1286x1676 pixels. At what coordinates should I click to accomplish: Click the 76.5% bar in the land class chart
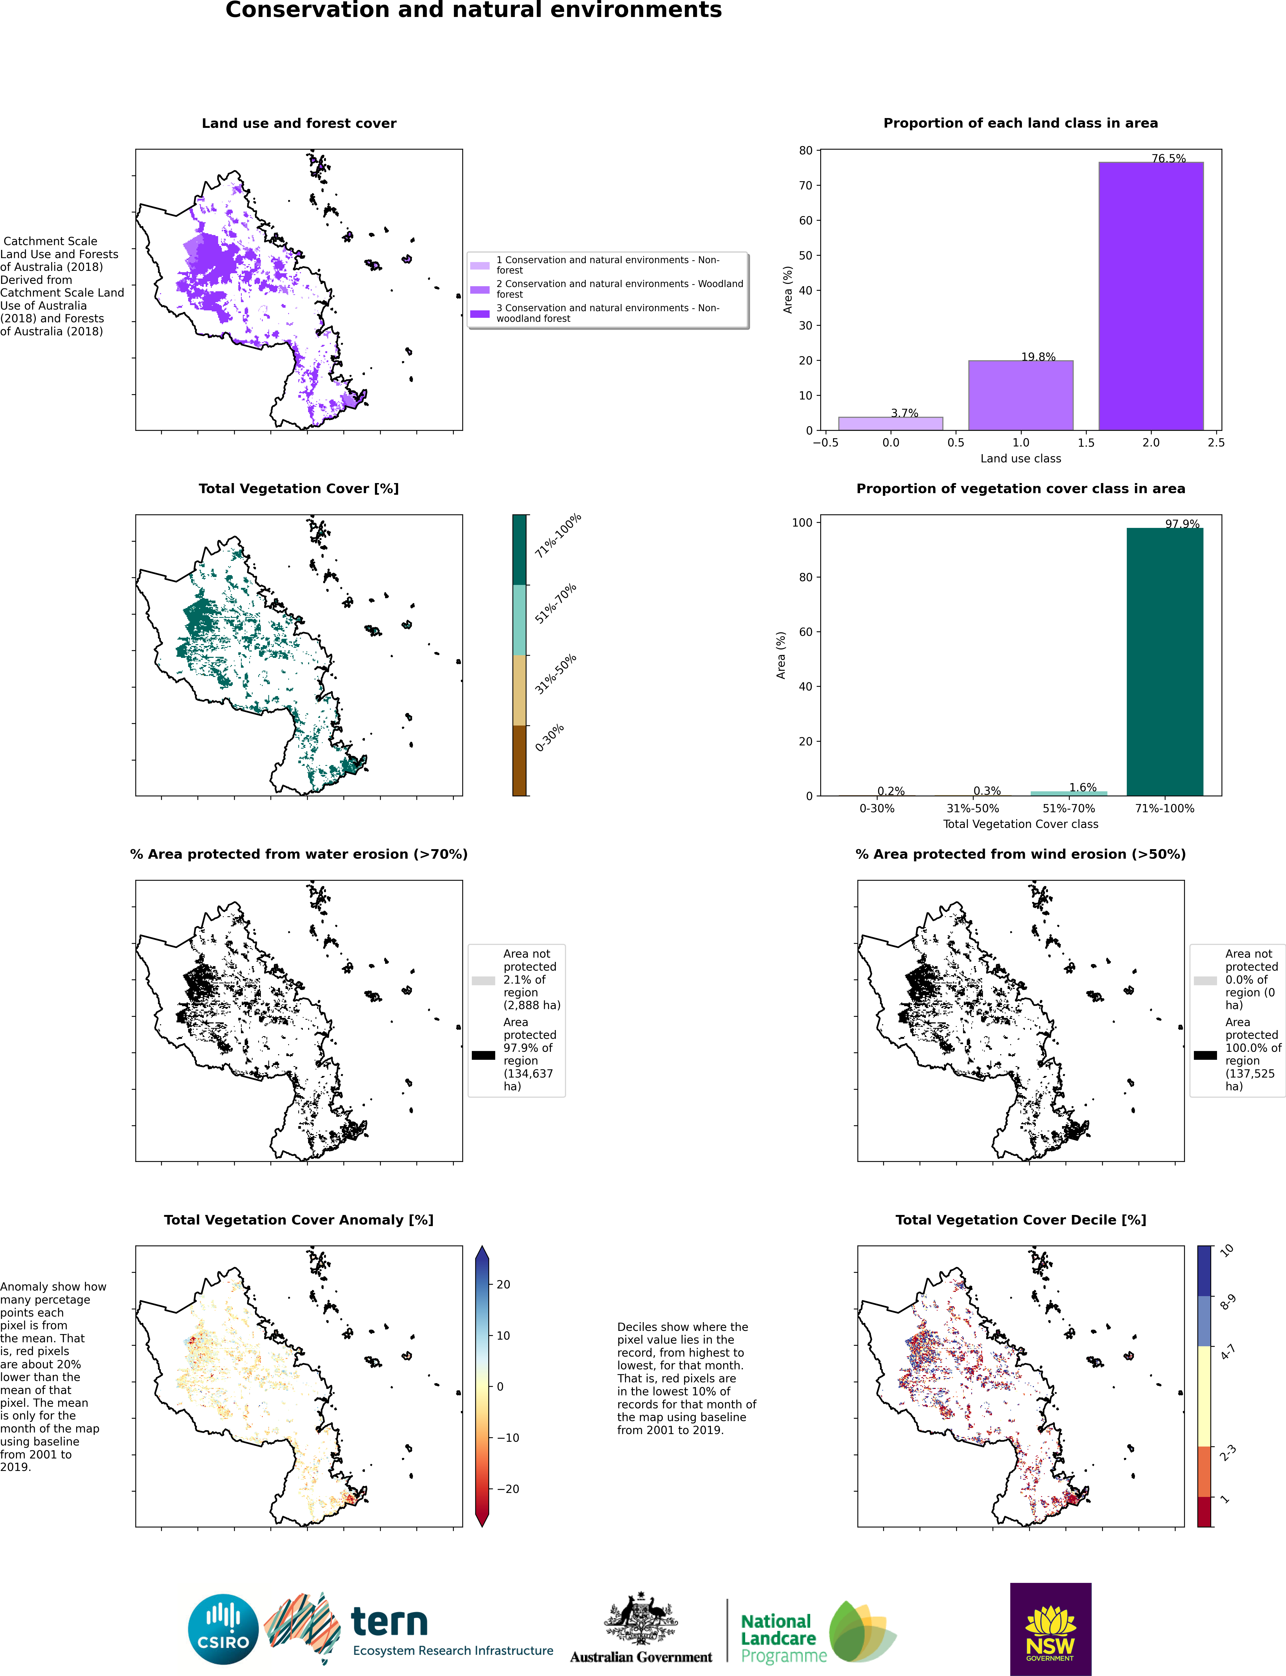coord(1150,296)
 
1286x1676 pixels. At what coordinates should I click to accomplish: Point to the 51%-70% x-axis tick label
coord(1069,808)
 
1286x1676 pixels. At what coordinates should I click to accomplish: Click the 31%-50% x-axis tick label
coord(973,808)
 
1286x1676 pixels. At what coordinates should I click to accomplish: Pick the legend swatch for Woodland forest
coord(480,290)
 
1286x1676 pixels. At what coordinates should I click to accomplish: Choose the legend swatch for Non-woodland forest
coord(480,314)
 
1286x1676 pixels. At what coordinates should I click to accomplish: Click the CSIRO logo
coord(223,1629)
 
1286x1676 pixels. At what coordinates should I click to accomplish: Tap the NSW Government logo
coord(1050,1629)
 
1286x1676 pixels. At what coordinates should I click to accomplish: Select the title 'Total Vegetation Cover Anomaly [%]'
coord(299,1220)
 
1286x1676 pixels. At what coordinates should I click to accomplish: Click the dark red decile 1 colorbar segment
coord(1204,1512)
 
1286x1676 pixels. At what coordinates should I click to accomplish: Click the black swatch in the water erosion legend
coord(483,1055)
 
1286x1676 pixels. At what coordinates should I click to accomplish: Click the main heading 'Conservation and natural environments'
coord(474,10)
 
